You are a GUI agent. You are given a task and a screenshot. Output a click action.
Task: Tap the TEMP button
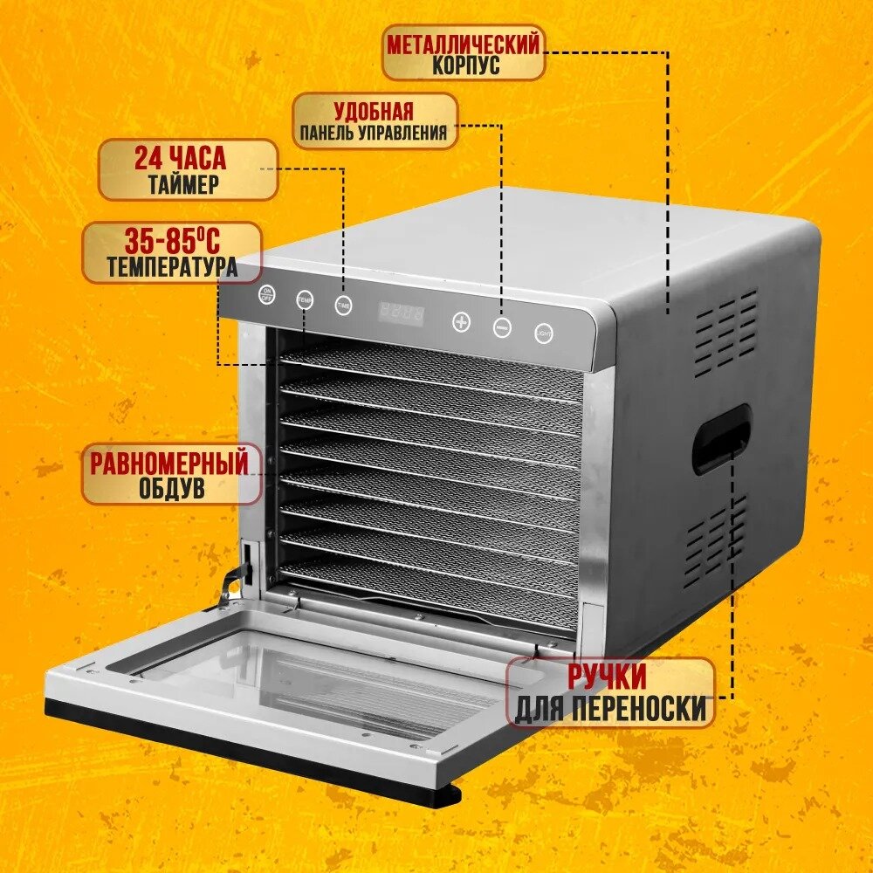tap(304, 300)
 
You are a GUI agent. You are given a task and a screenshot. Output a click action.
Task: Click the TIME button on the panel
tap(343, 306)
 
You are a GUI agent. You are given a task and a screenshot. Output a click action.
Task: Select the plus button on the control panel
tap(461, 321)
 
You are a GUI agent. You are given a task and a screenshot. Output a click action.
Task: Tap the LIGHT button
tap(544, 332)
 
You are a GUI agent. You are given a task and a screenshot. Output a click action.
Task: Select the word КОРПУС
tap(466, 66)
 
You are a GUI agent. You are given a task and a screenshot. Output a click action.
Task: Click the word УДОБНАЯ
tap(373, 111)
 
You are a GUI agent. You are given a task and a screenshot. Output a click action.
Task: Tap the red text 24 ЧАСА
tap(180, 159)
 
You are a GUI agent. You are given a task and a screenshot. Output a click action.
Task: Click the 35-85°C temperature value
tap(172, 238)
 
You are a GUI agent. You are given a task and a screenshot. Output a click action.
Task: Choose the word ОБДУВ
tap(172, 489)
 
